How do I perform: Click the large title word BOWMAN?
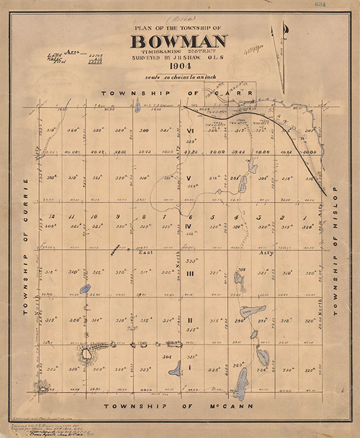click(179, 42)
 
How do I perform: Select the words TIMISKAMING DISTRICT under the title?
click(179, 52)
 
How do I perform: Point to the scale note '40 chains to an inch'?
click(179, 76)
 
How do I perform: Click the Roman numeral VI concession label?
click(191, 131)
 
